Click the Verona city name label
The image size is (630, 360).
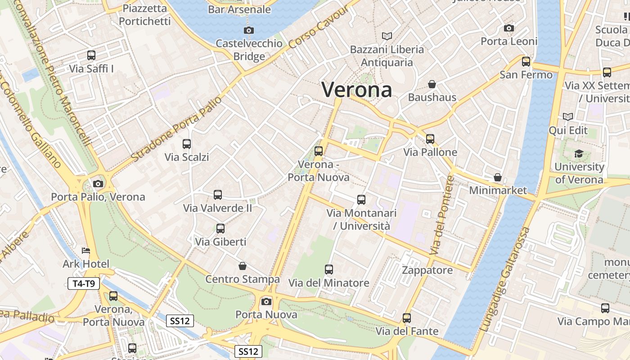pos(356,90)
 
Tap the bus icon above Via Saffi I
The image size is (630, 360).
pos(91,55)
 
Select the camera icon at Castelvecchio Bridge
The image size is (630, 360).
pos(248,31)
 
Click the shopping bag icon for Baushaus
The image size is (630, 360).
pos(432,84)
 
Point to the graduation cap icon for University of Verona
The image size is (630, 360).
pos(579,154)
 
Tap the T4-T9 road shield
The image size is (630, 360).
pos(84,283)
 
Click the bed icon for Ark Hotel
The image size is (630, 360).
pos(86,251)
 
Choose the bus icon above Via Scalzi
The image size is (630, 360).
pos(187,144)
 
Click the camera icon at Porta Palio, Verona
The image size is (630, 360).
pos(98,184)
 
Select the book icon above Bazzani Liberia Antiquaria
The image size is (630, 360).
pos(387,36)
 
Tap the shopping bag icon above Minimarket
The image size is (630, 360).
pos(498,177)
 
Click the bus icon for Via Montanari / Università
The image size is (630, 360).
pos(361,200)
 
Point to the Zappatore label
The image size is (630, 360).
pos(427,270)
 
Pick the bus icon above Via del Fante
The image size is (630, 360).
pos(407,318)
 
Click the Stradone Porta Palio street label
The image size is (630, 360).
pos(177,129)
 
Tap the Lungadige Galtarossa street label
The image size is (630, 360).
pos(505,280)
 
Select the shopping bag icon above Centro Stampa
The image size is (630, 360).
pos(243,266)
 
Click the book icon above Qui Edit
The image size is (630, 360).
pos(568,117)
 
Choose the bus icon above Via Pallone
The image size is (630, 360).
pos(430,139)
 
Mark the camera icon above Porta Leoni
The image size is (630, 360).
pos(509,28)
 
